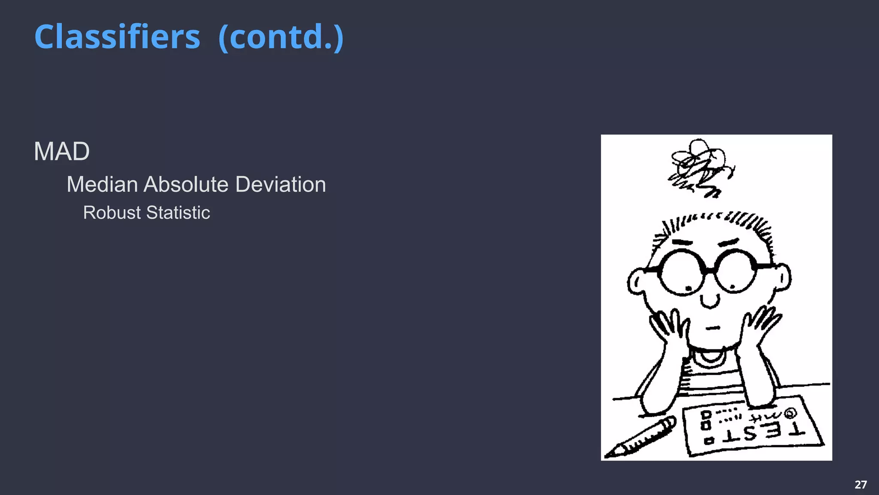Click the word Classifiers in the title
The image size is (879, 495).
click(x=117, y=37)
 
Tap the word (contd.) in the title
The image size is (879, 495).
click(x=281, y=37)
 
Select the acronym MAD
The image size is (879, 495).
click(x=62, y=152)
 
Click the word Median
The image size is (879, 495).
click(x=102, y=184)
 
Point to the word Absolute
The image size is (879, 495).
click(x=186, y=184)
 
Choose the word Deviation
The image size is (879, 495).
click(x=281, y=184)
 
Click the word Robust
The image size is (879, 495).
click(x=112, y=213)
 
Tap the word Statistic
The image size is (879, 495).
click(x=178, y=213)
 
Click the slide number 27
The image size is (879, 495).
click(x=861, y=485)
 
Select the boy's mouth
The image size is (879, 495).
click(x=712, y=328)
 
